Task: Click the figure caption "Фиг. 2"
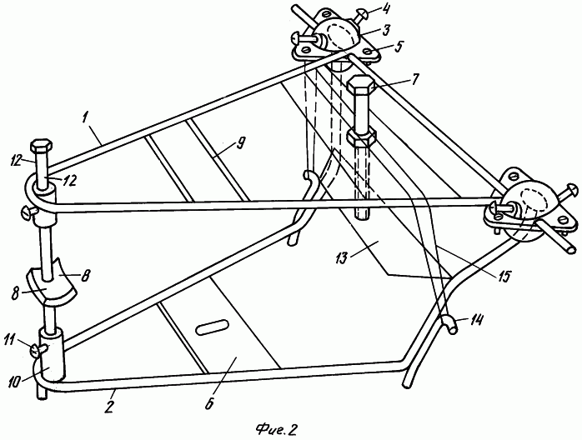278,430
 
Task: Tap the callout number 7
414,78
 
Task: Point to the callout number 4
386,8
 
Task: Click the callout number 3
386,31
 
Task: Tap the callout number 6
210,402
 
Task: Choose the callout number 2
110,406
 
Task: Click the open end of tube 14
453,328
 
